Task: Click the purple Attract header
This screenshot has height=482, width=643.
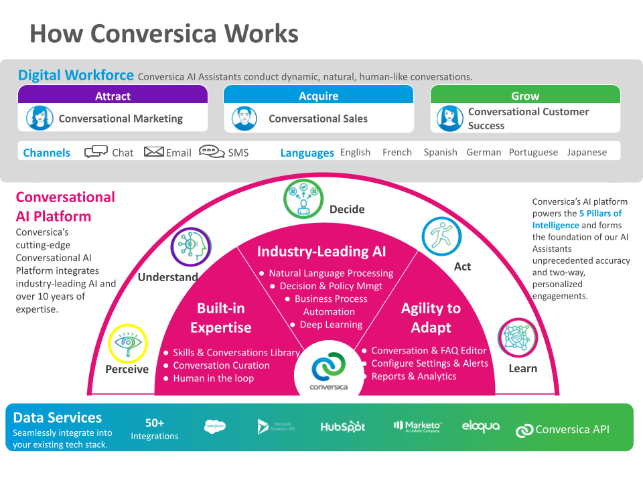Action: click(x=113, y=96)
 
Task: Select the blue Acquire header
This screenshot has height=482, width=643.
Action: click(x=318, y=96)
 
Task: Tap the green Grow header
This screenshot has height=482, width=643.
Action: click(x=525, y=96)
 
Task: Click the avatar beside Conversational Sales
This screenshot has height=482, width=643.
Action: click(x=244, y=118)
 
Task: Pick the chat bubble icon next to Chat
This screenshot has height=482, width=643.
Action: click(x=96, y=152)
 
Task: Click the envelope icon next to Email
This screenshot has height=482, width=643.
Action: click(x=154, y=152)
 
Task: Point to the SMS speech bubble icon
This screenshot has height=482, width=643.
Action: click(x=212, y=152)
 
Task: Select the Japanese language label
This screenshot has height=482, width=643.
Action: click(x=587, y=152)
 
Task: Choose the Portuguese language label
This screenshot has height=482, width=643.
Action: click(x=533, y=152)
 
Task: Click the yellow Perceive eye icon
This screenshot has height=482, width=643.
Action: click(x=127, y=343)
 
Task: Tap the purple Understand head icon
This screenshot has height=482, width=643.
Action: click(x=191, y=247)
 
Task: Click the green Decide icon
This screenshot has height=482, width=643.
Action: click(x=303, y=199)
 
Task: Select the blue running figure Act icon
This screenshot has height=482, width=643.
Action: click(x=441, y=236)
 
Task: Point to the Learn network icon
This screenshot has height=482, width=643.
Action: click(x=518, y=337)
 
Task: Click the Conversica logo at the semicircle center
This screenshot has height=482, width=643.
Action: click(x=328, y=370)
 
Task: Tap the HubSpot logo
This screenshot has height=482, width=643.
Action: click(x=343, y=426)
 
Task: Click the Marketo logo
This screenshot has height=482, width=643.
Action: click(x=417, y=426)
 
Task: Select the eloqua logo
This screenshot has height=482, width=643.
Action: click(x=480, y=426)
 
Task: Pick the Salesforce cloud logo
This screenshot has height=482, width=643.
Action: click(x=215, y=426)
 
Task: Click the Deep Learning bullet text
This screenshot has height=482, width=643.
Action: click(x=331, y=325)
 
